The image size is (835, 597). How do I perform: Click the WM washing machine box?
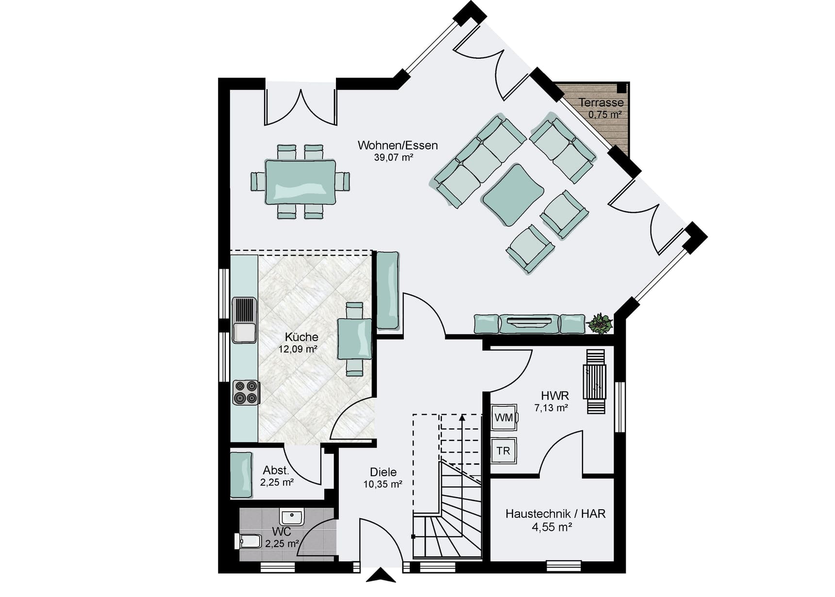(504, 417)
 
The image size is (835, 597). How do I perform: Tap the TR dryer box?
(503, 451)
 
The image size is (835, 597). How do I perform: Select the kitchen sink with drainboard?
(244, 320)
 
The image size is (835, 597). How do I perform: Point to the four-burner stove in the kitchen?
(245, 393)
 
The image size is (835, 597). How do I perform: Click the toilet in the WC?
(248, 541)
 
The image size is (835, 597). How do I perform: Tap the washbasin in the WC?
(291, 517)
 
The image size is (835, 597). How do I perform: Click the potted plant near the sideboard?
(600, 323)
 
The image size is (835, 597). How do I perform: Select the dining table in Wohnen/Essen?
(301, 182)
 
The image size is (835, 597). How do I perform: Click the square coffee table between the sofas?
(513, 194)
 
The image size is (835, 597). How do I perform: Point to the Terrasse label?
(601, 102)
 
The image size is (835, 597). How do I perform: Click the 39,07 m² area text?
(393, 157)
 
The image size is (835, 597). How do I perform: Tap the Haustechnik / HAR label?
(555, 514)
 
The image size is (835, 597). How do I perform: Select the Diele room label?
(383, 472)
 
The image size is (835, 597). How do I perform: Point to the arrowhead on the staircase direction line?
(462, 417)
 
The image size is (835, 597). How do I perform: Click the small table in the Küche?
(355, 339)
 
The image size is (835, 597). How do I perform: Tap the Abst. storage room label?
(276, 470)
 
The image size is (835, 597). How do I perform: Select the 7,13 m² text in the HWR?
(551, 408)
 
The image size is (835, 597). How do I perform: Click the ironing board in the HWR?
(596, 381)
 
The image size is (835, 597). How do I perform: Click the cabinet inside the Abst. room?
(241, 475)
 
